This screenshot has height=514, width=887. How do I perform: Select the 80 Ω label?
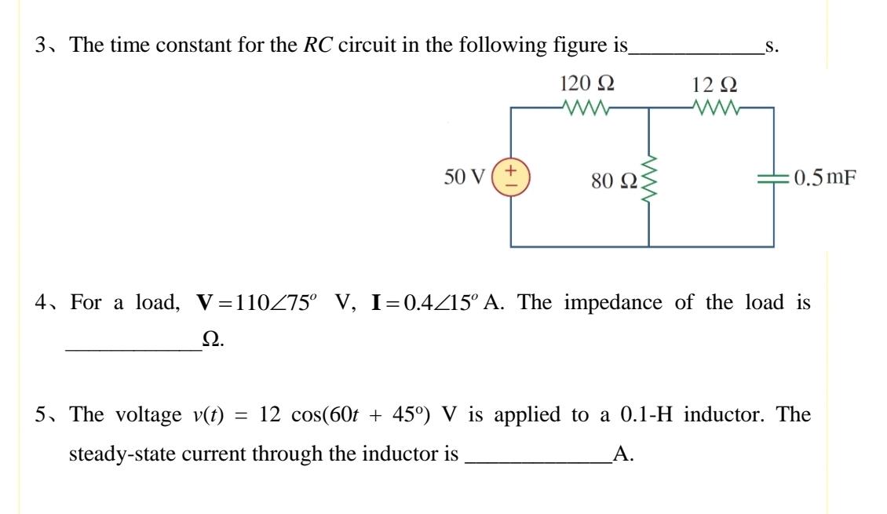[x=615, y=181]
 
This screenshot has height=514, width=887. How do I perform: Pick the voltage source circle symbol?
[x=511, y=177]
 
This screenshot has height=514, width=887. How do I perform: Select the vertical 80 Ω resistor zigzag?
[x=649, y=180]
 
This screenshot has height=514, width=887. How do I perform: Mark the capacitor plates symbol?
[x=774, y=178]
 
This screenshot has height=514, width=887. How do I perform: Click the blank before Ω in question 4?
[x=133, y=347]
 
